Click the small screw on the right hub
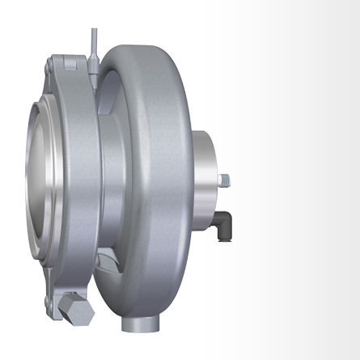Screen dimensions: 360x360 point(223,179)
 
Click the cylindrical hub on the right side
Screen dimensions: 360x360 point(205,186)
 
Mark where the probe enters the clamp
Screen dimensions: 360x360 point(95,74)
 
